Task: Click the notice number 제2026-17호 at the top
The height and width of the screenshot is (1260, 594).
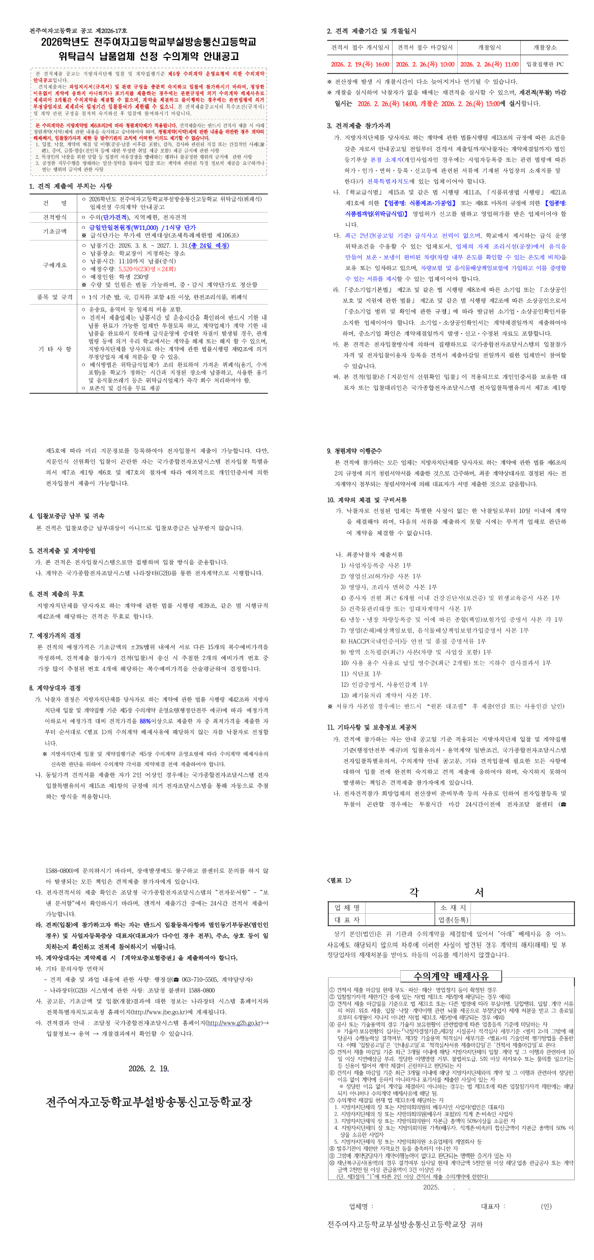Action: coord(111,31)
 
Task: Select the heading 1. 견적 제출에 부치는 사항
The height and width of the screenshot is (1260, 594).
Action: coord(71,186)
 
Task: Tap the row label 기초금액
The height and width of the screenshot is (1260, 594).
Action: coord(55,231)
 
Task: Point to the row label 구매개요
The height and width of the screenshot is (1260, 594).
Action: coord(55,265)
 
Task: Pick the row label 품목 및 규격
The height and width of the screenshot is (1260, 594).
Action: coord(55,297)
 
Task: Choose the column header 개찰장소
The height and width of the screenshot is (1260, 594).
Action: coord(545,47)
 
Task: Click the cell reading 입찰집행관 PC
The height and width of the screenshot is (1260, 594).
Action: coord(545,65)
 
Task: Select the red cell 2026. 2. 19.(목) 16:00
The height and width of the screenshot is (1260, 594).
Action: coord(360,65)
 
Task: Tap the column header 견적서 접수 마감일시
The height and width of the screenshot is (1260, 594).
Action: coord(425,47)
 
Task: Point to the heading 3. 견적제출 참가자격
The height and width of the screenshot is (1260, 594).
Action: coord(359,126)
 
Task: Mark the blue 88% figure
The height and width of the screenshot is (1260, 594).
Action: coord(145,721)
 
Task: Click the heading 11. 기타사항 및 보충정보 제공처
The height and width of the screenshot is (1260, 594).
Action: coord(372,728)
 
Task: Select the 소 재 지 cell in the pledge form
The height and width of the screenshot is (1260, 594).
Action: coord(453,908)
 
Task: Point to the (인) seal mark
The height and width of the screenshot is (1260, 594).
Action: coord(546,1207)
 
